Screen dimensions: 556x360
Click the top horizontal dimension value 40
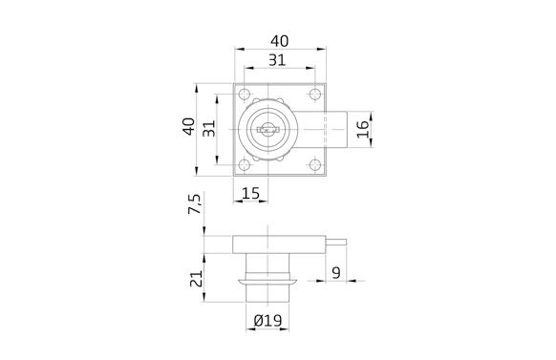[279, 41]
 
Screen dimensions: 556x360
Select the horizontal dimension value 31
[277, 60]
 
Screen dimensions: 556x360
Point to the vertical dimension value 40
[189, 126]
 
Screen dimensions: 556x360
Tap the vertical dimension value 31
[209, 129]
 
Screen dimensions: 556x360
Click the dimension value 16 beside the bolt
[362, 129]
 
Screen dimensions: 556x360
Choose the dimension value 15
[250, 194]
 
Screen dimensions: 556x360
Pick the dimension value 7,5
[194, 203]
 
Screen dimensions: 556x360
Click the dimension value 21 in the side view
[196, 279]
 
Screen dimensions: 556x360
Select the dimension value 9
[336, 272]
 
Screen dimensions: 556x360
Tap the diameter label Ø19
[267, 321]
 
